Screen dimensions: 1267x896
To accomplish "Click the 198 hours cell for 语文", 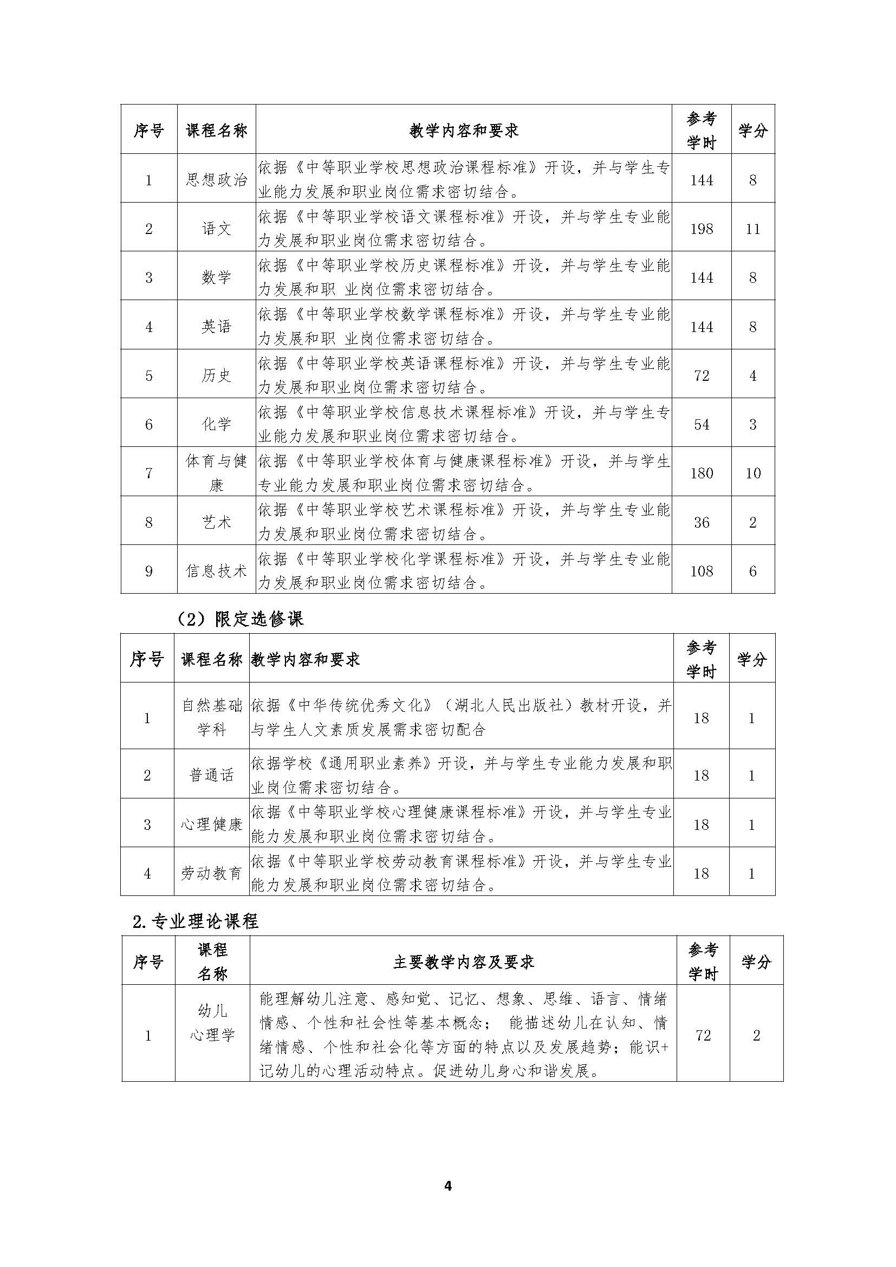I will tap(701, 229).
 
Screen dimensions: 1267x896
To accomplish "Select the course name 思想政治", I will tap(216, 180).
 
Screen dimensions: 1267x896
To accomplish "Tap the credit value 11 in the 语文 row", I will tap(752, 229).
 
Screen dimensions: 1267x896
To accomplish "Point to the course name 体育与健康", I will tap(216, 473).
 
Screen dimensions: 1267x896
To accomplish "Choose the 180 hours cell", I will tap(701, 473).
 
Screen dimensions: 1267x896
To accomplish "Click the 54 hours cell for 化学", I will tap(701, 424).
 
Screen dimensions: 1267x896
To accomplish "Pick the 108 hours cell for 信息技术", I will tap(701, 570).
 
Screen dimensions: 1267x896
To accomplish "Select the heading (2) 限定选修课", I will tap(240, 619).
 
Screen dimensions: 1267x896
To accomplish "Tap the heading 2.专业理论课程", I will tap(196, 921).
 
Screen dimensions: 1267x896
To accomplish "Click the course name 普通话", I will tap(212, 775).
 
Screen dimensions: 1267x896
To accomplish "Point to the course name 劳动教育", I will tap(212, 873).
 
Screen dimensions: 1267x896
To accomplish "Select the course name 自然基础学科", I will tap(212, 717).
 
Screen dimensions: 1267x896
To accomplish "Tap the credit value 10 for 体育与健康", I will tap(752, 473).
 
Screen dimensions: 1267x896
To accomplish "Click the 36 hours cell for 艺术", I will tap(701, 522).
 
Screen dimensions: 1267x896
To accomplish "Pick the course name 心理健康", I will tap(212, 824).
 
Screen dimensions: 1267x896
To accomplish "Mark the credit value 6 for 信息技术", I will tap(752, 570).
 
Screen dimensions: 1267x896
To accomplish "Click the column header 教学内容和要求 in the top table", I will tap(464, 131).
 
